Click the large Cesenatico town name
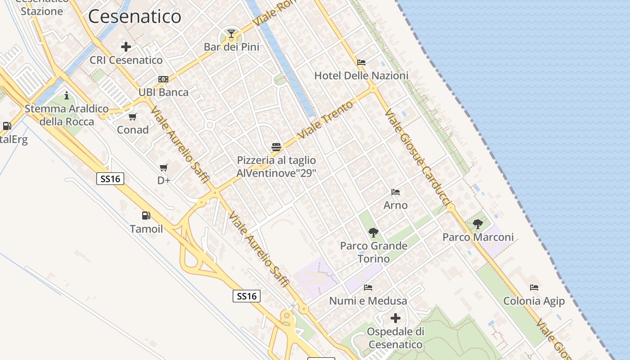(x=135, y=17)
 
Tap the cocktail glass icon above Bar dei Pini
(x=231, y=34)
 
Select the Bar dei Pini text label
(x=231, y=47)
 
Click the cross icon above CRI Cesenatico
(x=126, y=47)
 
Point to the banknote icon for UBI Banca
(x=163, y=79)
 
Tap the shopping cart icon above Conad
(x=132, y=117)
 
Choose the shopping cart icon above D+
(x=164, y=168)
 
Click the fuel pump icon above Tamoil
(x=146, y=216)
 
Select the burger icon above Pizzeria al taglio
(x=276, y=147)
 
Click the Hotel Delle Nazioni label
(x=361, y=76)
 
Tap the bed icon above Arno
(x=396, y=192)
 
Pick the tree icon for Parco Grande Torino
(x=373, y=233)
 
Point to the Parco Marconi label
(x=478, y=237)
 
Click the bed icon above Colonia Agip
(x=534, y=288)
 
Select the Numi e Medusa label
(x=368, y=301)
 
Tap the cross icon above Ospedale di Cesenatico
(x=396, y=319)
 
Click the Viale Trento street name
(x=319, y=120)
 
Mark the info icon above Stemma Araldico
(x=67, y=96)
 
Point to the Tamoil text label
(x=146, y=229)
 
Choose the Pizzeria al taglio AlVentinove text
(x=276, y=167)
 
